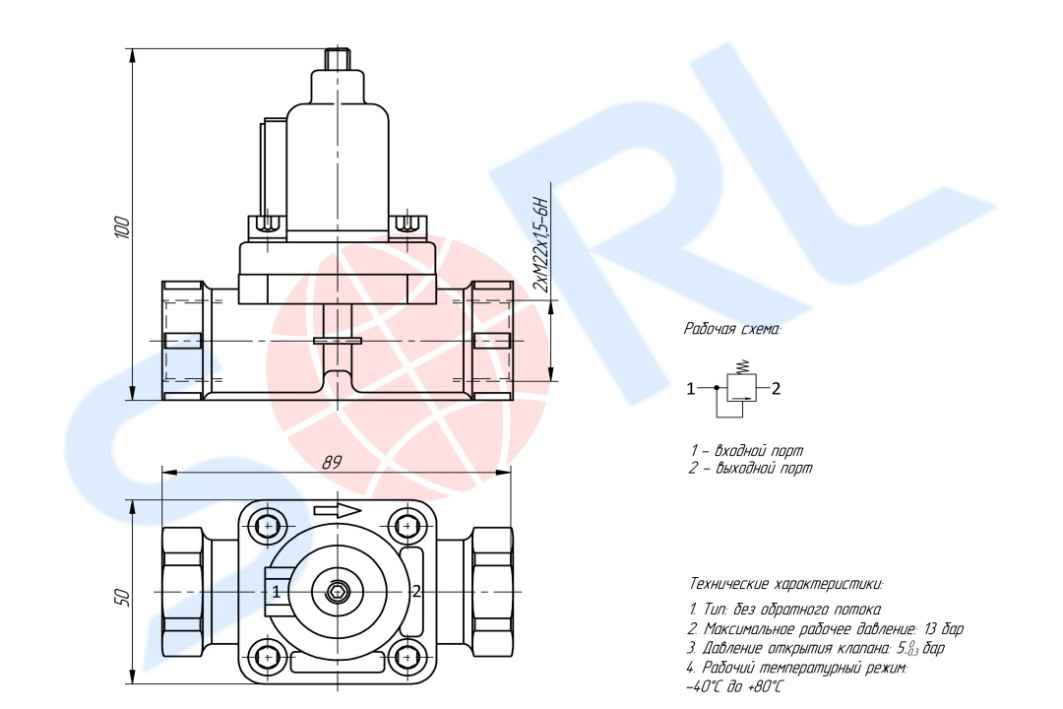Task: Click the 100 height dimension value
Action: tap(121, 226)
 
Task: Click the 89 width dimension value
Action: tap(332, 463)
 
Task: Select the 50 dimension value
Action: tap(122, 597)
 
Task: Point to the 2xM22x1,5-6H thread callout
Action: tap(540, 244)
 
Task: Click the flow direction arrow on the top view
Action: tap(338, 511)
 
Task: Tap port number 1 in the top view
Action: tap(276, 592)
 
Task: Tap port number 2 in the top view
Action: tap(416, 591)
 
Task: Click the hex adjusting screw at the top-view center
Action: tap(337, 593)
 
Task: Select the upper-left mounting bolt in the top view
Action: tap(269, 526)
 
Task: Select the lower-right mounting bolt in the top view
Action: tap(406, 657)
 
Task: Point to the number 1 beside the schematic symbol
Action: tap(691, 389)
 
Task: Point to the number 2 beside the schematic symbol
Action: tap(777, 388)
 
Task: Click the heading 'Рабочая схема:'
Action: tap(731, 330)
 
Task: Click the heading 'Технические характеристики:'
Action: tap(786, 584)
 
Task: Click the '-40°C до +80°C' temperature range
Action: tap(734, 686)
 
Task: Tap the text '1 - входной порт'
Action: tap(746, 450)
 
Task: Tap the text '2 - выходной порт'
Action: tap(750, 468)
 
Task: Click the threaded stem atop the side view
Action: tap(337, 58)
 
